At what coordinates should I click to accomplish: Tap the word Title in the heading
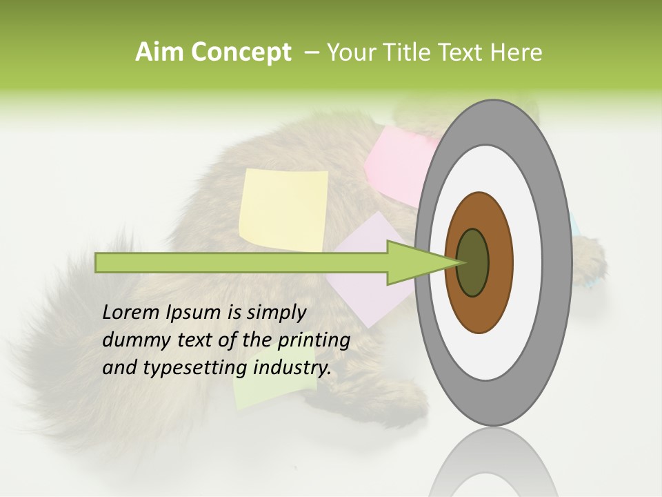[x=418, y=52]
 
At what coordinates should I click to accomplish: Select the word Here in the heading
[x=516, y=52]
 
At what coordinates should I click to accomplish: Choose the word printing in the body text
[x=314, y=340]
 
